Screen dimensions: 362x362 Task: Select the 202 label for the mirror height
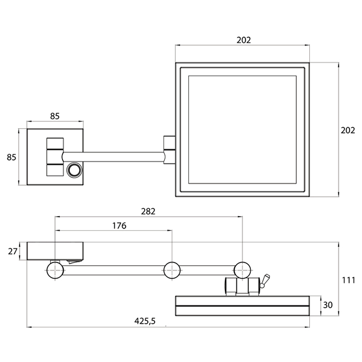point(348,130)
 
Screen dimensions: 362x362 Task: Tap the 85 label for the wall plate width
point(54,116)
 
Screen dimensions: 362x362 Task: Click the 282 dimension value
point(147,211)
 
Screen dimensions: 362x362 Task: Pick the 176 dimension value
point(118,225)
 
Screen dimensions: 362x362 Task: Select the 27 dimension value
point(13,252)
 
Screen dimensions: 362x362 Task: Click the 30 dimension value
point(327,305)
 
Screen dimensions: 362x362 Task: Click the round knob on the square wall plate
point(74,170)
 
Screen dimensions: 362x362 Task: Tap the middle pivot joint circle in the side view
point(172,270)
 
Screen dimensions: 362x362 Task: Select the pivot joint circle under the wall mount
point(55,270)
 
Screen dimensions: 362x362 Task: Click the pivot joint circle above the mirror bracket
point(242,270)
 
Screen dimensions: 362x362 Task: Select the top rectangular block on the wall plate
point(54,143)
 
